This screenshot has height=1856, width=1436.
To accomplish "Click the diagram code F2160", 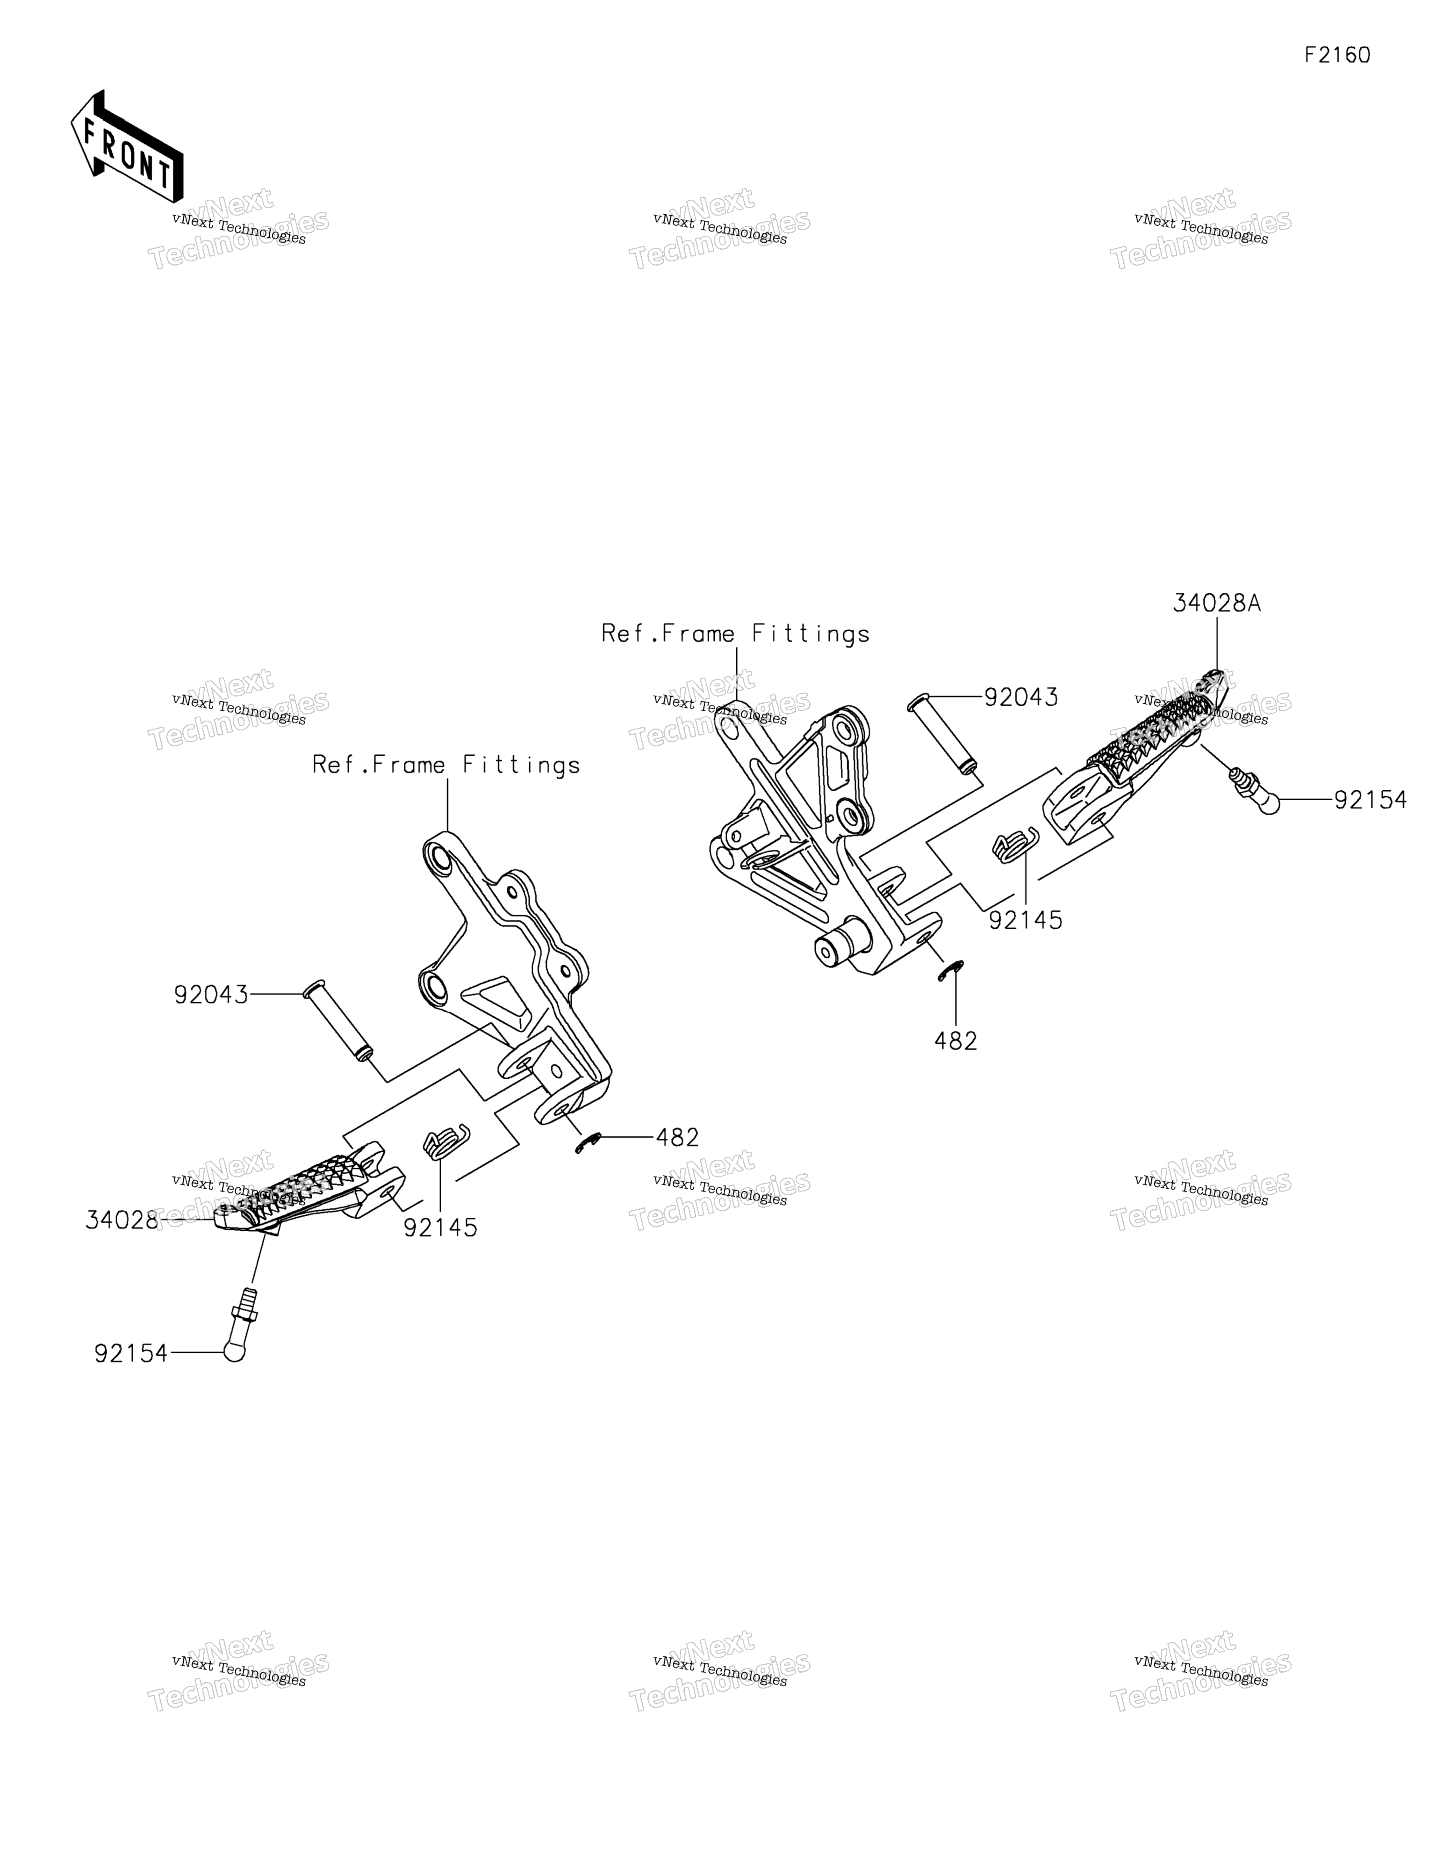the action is pos(1337,55).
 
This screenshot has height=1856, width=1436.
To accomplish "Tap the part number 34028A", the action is pos(1217,603).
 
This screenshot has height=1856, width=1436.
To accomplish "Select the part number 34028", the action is pos(122,1220).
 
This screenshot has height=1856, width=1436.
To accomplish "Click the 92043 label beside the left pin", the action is pos(211,994).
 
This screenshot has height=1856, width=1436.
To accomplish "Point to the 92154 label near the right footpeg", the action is pos(1370,800).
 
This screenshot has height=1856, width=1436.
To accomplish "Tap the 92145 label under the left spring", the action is pos(440,1228).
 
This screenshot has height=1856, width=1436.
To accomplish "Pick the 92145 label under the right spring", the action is pos(1026,920).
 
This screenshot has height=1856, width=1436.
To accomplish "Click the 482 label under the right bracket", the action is pos(956,1041).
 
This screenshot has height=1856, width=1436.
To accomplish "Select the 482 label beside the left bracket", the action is pos(677,1137).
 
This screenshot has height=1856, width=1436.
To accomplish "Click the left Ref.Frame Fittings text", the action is pos(446,765).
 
